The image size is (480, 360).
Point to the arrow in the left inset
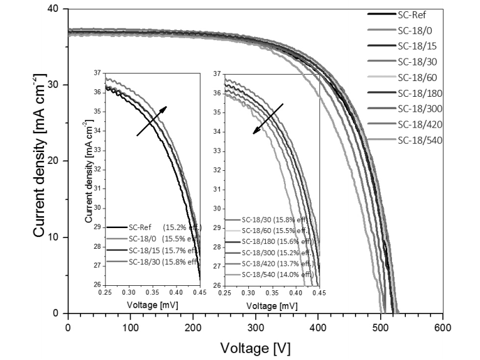pyautogui.click(x=151, y=121)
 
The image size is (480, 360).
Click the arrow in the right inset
pyautogui.click(x=268, y=117)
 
